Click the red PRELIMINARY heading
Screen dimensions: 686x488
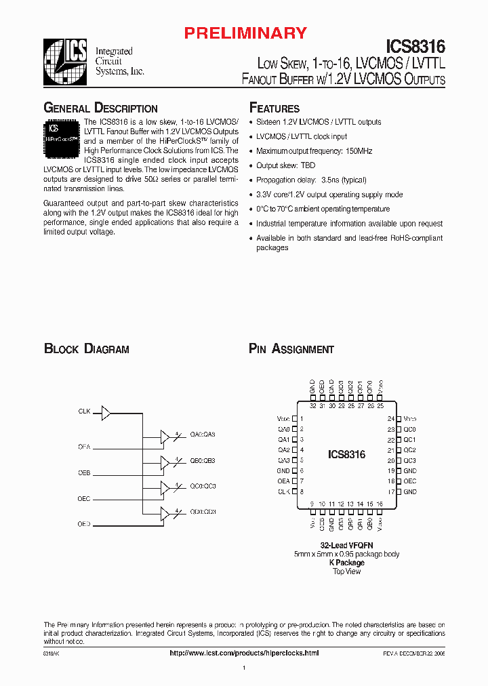[x=246, y=33]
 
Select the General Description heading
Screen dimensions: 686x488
[x=100, y=108]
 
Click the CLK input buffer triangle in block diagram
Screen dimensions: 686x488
[x=106, y=411]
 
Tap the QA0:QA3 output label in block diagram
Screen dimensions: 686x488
[x=203, y=435]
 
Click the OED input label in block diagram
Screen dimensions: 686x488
[x=84, y=524]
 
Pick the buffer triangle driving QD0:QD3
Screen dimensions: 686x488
[x=165, y=514]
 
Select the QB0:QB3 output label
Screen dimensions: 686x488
[x=203, y=461]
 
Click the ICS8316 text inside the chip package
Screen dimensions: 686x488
[x=346, y=455]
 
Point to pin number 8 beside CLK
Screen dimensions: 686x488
[x=301, y=491]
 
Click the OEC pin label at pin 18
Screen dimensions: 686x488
[x=409, y=481]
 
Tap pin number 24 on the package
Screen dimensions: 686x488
[x=391, y=419]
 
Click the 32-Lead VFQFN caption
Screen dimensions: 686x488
[x=346, y=545]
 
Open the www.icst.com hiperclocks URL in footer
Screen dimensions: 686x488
[x=243, y=652]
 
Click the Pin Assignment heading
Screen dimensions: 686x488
[x=291, y=349]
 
